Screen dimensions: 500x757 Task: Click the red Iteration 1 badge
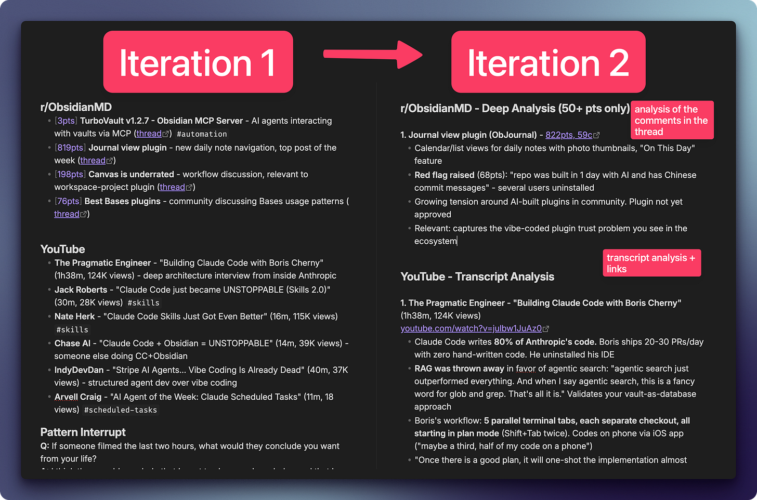pos(198,62)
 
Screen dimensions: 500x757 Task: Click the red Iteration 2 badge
pos(548,62)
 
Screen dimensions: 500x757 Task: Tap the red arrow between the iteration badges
pos(372,54)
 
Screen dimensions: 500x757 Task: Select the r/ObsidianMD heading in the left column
pos(76,107)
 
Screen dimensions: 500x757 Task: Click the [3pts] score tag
pos(66,121)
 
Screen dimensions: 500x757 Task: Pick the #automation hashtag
pos(202,134)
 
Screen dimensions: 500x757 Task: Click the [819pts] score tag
pos(70,148)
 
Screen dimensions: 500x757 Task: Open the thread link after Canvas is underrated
pos(173,187)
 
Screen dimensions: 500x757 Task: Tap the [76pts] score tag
pos(68,201)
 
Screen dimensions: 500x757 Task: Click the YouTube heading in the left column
pos(62,249)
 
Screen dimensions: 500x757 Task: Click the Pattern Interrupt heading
pos(83,432)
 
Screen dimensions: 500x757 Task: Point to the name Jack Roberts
pos(81,290)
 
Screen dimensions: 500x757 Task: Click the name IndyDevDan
pos(79,370)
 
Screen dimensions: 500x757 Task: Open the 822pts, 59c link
pos(569,135)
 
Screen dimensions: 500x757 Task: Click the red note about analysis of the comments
pos(672,120)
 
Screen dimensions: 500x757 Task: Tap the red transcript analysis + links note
pos(651,263)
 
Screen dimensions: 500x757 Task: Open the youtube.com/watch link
pos(471,328)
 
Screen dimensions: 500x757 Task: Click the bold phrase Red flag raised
pos(445,175)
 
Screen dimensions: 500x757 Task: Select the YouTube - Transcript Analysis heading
pos(477,277)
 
